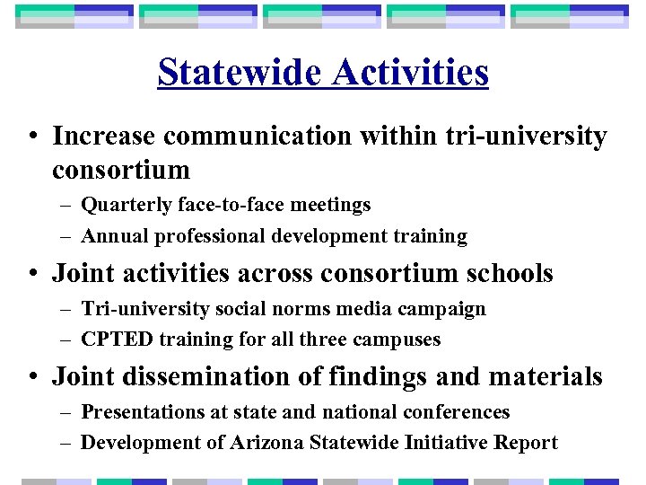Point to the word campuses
(x=400, y=339)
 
